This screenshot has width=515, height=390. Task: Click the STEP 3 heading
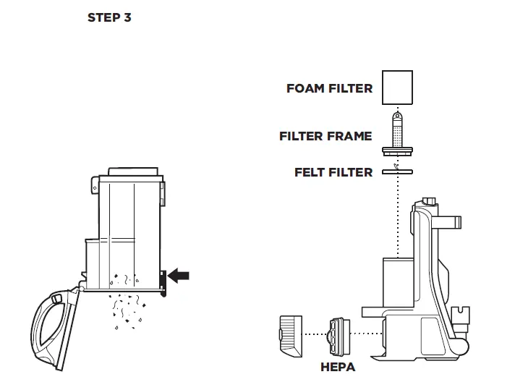pyautogui.click(x=109, y=17)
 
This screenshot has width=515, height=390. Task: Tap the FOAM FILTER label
pyautogui.click(x=329, y=88)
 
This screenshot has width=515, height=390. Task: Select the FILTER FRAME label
pyautogui.click(x=325, y=136)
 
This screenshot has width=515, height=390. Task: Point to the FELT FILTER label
pyautogui.click(x=333, y=172)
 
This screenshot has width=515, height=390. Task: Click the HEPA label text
pyautogui.click(x=338, y=367)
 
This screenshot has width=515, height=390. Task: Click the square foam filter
pyautogui.click(x=396, y=88)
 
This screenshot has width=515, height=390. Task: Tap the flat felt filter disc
pyautogui.click(x=396, y=172)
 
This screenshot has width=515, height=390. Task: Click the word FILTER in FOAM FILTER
pyautogui.click(x=349, y=88)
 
